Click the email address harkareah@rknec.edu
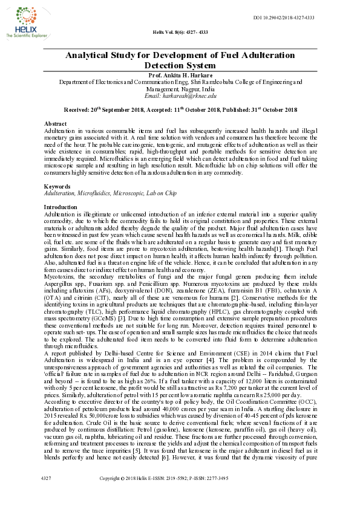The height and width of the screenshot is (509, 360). (x=180, y=96)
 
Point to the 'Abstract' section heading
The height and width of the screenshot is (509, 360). (x=56, y=123)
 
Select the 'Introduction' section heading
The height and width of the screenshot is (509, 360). (x=61, y=207)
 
